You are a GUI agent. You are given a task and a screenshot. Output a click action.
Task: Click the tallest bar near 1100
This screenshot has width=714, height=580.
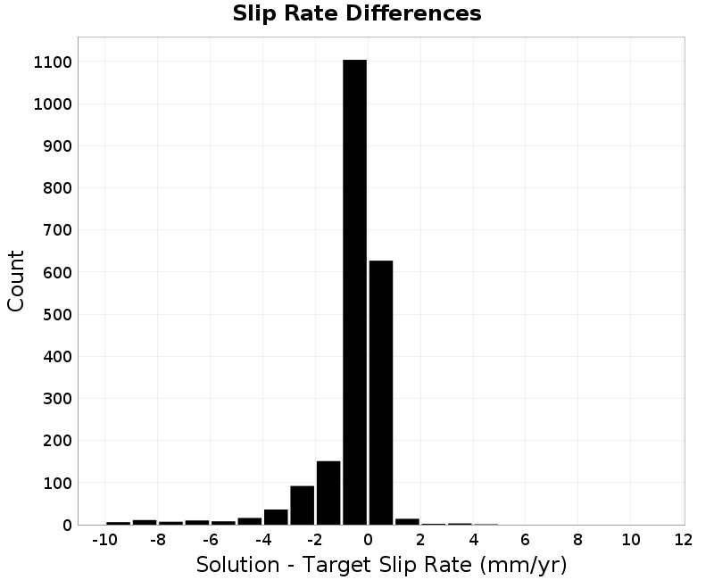point(354,293)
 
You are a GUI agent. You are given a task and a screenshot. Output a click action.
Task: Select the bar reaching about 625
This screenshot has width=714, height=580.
point(381,393)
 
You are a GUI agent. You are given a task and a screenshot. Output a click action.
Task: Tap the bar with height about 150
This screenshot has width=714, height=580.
point(328,493)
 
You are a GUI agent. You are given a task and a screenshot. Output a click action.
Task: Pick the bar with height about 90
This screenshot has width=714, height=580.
point(303,505)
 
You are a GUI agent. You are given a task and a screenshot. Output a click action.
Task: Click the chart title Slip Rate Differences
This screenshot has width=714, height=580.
point(357,13)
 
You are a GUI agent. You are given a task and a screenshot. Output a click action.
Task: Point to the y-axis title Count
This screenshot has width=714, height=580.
point(15,281)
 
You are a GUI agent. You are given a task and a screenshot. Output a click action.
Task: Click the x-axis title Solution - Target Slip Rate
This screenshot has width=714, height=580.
point(334,565)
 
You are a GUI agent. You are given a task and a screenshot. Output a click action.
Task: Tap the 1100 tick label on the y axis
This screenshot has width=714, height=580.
point(53,62)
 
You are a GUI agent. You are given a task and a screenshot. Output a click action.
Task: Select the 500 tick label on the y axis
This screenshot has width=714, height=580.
point(58,315)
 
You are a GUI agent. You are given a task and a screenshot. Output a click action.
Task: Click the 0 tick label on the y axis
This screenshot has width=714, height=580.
point(68,526)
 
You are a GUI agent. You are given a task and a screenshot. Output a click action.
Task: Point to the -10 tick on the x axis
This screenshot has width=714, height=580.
point(104,540)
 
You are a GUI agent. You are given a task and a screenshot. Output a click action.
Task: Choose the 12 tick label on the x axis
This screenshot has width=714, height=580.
point(683,540)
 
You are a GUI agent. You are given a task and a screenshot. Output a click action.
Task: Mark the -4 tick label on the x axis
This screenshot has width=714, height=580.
point(263,540)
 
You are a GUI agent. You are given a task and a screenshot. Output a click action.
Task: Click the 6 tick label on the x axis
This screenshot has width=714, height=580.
point(526,540)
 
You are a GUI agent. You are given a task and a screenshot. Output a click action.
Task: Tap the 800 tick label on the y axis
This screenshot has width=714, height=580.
point(58,188)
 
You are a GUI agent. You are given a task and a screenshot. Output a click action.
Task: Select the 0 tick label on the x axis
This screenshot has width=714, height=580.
point(368,540)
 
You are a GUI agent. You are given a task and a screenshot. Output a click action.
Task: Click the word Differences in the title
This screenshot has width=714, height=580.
point(413,13)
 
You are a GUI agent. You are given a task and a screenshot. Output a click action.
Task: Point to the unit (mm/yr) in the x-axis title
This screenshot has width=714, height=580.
point(523,565)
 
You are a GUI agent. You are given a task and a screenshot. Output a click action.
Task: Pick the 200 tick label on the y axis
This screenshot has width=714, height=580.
point(58,441)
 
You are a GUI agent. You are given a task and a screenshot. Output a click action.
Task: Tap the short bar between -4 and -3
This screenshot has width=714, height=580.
point(276,518)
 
